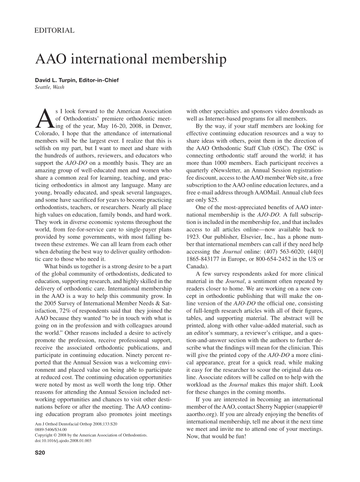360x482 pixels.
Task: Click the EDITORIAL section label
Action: tap(54, 31)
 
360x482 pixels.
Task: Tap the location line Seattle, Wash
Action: tap(50, 87)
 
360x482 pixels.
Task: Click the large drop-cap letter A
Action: tap(44, 117)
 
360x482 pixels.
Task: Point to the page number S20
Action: tap(40, 452)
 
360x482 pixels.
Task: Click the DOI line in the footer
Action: tap(63, 441)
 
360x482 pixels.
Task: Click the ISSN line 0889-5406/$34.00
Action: tap(51, 430)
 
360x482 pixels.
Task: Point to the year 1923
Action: tap(194, 236)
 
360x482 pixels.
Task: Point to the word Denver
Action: tap(162, 126)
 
